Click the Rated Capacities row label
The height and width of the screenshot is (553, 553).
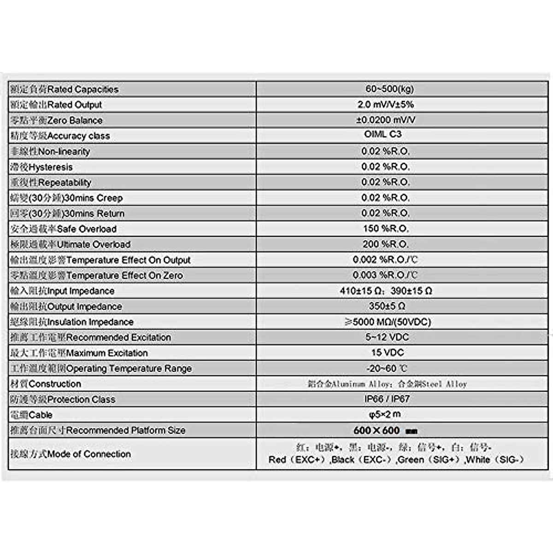click(65, 89)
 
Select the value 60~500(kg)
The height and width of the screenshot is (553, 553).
click(389, 89)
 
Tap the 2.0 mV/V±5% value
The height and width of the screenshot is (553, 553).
click(386, 105)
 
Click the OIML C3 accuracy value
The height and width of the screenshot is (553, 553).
click(382, 134)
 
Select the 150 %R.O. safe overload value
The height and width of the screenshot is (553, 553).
click(386, 229)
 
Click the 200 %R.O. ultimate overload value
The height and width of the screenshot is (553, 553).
click(386, 244)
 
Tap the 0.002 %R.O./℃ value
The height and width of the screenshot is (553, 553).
click(385, 260)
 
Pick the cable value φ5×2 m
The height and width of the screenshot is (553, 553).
click(385, 414)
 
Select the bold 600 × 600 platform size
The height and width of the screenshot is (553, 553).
click(377, 430)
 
